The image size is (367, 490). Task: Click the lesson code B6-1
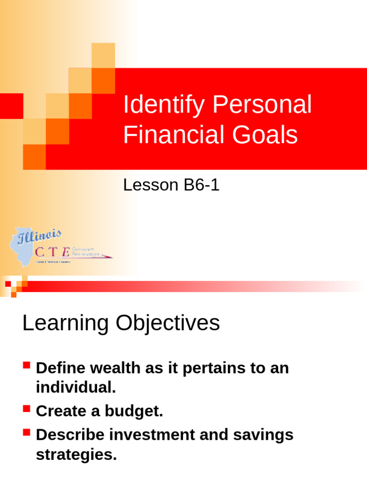pyautogui.click(x=201, y=185)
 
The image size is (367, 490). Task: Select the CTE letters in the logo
pyautogui.click(x=53, y=252)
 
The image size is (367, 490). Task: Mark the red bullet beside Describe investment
pyautogui.click(x=26, y=433)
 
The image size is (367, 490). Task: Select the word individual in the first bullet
pyautogui.click(x=76, y=388)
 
